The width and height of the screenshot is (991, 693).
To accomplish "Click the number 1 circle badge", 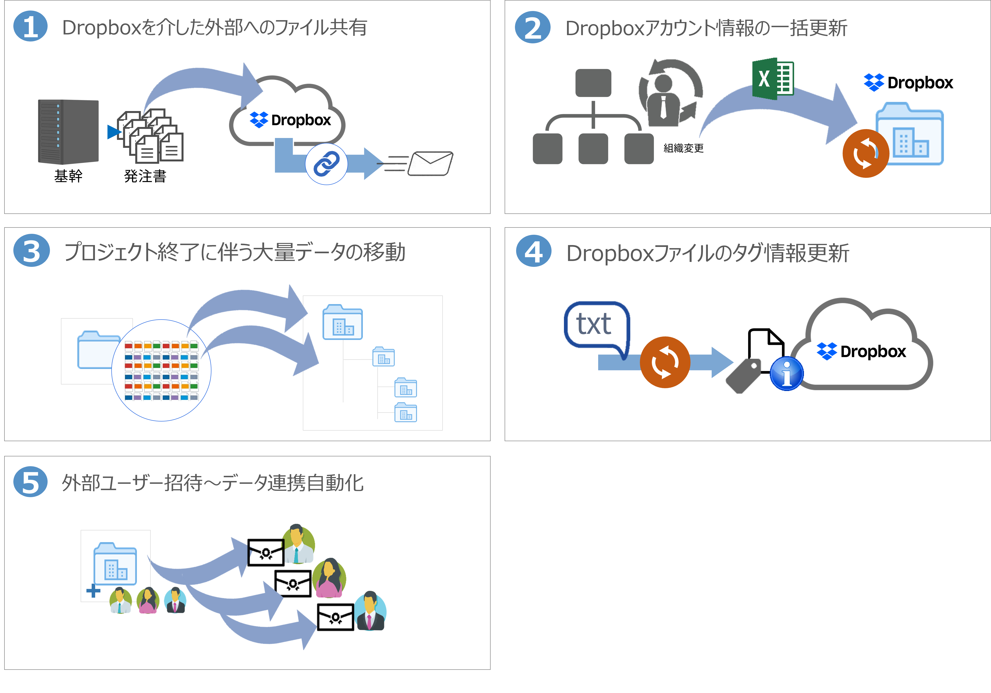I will [x=30, y=27].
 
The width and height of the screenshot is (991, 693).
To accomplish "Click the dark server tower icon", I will [x=68, y=132].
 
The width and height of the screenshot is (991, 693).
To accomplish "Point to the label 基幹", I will [x=68, y=176].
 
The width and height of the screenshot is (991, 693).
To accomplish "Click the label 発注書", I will [x=145, y=176].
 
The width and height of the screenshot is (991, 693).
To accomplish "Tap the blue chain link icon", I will [x=326, y=164].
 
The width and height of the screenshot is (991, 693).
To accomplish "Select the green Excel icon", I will [x=773, y=79].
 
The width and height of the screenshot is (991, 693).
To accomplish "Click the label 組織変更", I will [x=683, y=148].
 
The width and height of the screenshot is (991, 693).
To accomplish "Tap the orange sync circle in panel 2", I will [x=865, y=153].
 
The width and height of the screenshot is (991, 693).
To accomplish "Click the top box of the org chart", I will [x=593, y=83].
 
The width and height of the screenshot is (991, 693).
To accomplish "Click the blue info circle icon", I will [x=786, y=374].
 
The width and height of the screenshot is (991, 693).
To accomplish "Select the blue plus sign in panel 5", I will [x=93, y=590].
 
